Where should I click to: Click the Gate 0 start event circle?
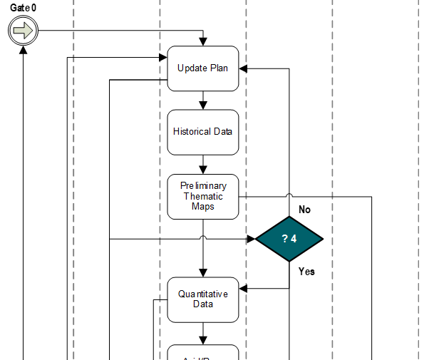[x=23, y=31]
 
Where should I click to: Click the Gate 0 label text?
[x=23, y=8]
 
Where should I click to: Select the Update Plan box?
[x=203, y=68]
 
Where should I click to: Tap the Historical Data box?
[x=203, y=132]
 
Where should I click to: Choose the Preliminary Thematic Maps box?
[x=203, y=196]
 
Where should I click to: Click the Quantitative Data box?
[x=203, y=299]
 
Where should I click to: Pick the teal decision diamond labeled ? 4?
[x=289, y=239]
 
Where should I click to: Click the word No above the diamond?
[x=304, y=210]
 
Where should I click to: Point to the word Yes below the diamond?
[x=306, y=272]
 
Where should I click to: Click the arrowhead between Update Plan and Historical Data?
[x=203, y=105]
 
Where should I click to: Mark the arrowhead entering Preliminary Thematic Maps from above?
[x=203, y=170]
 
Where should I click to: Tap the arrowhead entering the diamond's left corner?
[x=251, y=239]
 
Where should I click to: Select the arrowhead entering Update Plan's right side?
[x=243, y=68]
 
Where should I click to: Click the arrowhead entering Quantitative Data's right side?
[x=243, y=289]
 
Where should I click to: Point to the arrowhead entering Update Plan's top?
[x=203, y=42]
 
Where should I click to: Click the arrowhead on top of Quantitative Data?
[x=203, y=272]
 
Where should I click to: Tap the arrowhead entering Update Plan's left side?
[x=163, y=58]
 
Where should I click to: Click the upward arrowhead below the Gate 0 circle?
[x=24, y=51]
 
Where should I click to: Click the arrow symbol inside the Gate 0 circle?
[x=23, y=31]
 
